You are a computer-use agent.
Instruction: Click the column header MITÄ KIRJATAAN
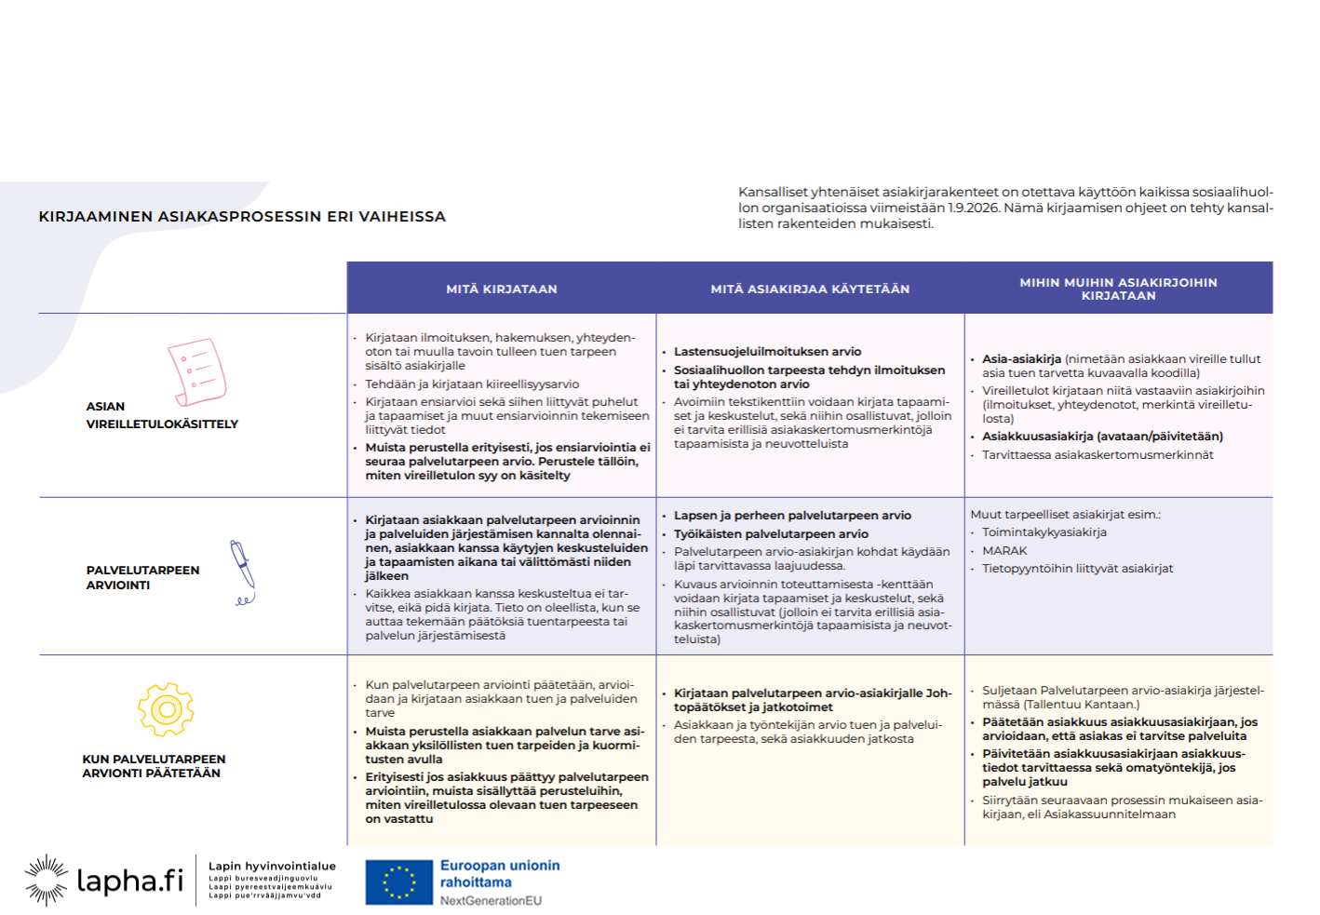[x=501, y=289]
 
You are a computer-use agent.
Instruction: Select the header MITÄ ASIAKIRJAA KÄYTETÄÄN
[x=810, y=289]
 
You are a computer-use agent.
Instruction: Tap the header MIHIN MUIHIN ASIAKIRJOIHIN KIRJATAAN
[x=1118, y=289]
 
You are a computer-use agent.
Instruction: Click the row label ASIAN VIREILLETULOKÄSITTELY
[x=162, y=415]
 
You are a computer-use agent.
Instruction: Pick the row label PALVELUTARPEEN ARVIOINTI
[x=142, y=577]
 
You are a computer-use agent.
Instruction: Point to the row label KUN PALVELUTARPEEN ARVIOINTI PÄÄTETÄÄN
[x=154, y=766]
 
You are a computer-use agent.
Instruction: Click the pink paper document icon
[x=196, y=372]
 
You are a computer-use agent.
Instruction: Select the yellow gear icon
[x=166, y=710]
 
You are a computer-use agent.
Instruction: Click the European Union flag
[x=399, y=882]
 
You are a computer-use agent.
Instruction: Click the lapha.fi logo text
[x=129, y=881]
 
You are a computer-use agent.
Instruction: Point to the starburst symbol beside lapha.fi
[x=46, y=880]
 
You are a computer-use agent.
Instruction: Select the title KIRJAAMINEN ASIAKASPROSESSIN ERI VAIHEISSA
[x=242, y=217]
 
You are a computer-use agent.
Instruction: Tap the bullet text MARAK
[x=1004, y=551]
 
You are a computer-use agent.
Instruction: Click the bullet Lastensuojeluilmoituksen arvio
[x=767, y=352]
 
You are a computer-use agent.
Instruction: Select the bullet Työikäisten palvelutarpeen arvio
[x=771, y=534]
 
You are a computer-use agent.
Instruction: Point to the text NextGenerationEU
[x=491, y=901]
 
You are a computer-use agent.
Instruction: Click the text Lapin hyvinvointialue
[x=272, y=867]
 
